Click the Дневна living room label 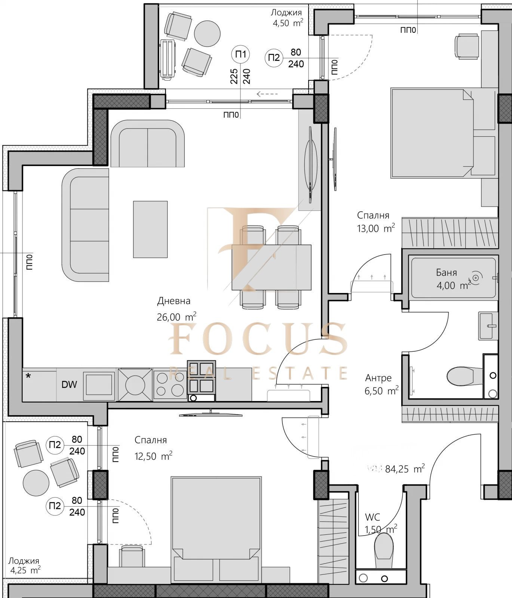pos(174,301)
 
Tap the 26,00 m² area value pos(176,317)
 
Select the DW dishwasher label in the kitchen pos(69,384)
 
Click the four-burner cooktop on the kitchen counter pos(169,385)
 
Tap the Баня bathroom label pos(446,272)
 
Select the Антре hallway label pos(378,378)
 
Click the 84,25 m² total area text pos(404,469)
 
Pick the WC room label pos(372,517)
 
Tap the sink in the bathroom pos(488,326)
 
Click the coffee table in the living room pos(150,229)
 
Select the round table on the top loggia pos(207,33)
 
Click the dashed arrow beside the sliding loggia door pos(267,94)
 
